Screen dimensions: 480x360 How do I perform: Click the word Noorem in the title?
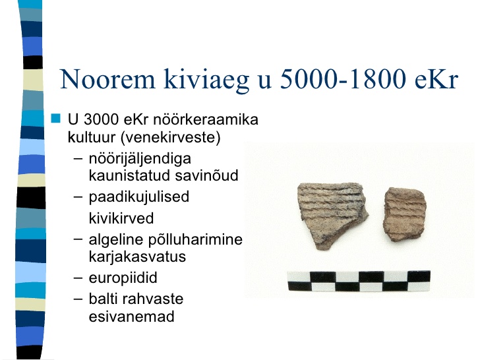tap(107, 79)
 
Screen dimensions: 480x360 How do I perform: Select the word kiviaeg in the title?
tap(206, 80)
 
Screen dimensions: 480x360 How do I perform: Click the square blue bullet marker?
tap(55, 118)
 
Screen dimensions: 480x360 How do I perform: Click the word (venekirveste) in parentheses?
tap(171, 137)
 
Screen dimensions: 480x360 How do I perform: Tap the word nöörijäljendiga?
tap(140, 159)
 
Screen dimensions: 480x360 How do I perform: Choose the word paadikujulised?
tap(139, 197)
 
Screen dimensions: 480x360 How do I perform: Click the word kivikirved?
tap(121, 219)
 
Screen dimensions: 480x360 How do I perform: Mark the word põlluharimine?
tap(196, 240)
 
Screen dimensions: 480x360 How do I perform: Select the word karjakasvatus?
tap(137, 256)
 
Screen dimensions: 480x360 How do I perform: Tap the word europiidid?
tap(123, 278)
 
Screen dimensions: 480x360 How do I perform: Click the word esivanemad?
tap(132, 316)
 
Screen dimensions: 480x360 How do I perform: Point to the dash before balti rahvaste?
tap(78, 299)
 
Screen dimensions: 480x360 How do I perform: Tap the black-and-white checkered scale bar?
tap(359, 281)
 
